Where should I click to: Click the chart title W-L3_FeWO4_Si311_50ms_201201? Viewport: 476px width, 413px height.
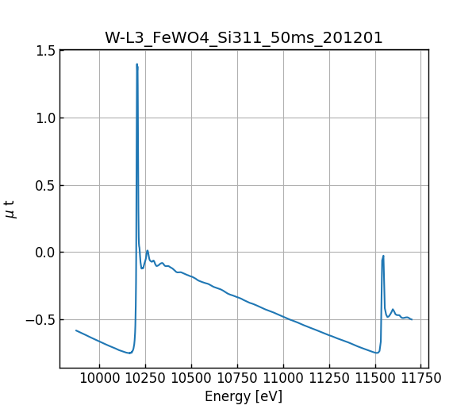(244, 37)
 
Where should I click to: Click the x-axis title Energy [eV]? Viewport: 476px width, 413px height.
(244, 396)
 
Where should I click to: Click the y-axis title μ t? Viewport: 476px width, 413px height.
(10, 209)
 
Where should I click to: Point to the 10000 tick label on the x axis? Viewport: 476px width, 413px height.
(99, 379)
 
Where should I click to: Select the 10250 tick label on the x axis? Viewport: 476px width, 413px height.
(145, 379)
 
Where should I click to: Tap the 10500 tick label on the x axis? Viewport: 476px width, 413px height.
(191, 379)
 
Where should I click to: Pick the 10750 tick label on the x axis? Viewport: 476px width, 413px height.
(237, 379)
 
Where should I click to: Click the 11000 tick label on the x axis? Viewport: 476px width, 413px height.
(283, 379)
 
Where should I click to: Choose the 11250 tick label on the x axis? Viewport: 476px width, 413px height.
(329, 379)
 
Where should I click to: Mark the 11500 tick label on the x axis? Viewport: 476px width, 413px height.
(375, 379)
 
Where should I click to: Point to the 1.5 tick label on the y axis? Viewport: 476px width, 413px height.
(46, 51)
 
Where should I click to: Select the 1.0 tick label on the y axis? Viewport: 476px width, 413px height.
(46, 118)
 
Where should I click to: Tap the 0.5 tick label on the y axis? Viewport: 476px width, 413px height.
(46, 186)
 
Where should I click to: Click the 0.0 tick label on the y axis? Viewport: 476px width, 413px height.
(46, 253)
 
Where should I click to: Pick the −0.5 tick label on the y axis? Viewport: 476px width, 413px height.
(42, 320)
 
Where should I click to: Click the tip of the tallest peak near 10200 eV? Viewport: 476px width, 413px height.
(137, 64)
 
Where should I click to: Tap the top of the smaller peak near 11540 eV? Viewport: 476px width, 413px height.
(383, 256)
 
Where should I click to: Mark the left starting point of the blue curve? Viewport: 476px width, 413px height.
(76, 330)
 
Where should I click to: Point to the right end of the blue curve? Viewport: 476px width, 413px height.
(412, 319)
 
